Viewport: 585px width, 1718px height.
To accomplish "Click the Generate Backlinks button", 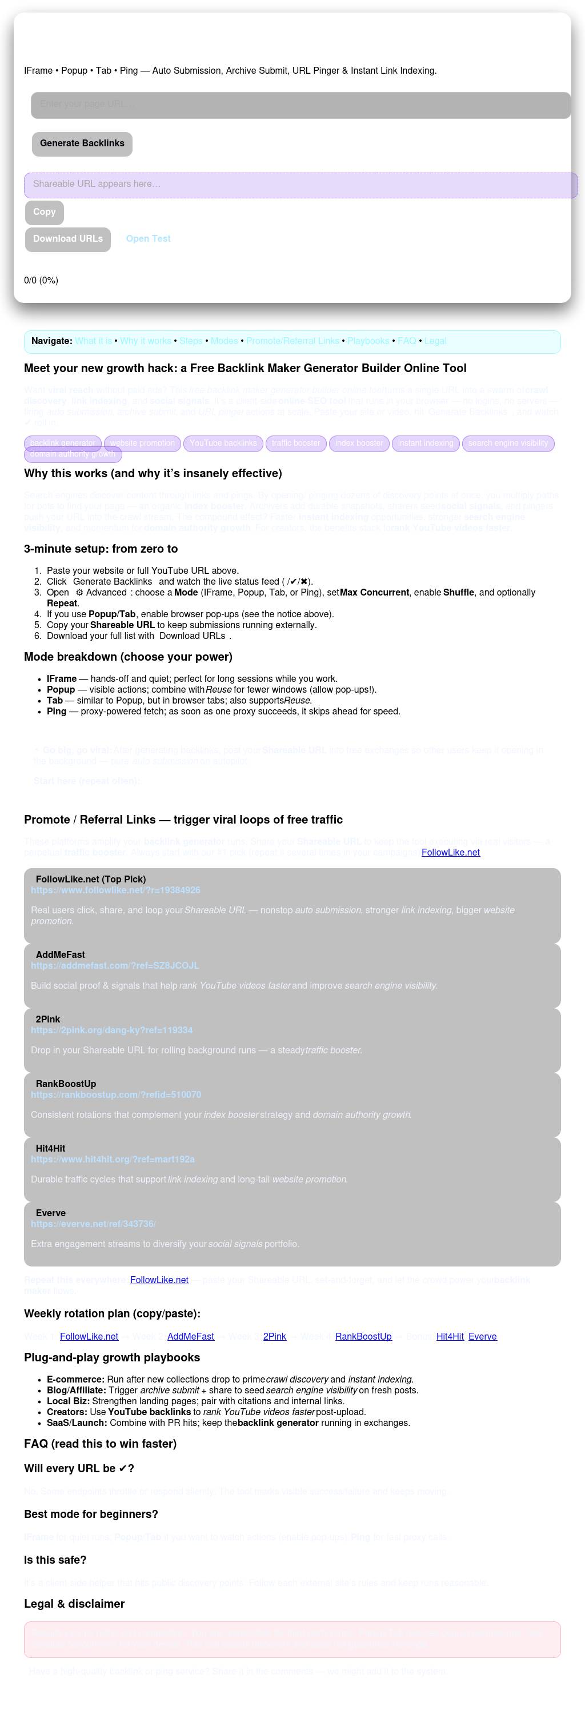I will coord(82,143).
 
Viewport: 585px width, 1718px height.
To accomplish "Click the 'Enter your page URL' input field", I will coord(300,105).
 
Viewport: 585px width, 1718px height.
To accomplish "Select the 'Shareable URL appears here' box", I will coord(300,185).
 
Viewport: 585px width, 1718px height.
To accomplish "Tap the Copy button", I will coord(45,212).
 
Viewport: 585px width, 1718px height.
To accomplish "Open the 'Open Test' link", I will coord(148,239).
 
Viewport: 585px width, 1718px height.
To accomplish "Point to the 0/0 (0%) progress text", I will coord(41,280).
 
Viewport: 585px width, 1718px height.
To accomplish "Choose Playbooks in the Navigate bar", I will coord(368,341).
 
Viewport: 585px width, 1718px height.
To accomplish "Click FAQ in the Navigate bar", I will coord(406,341).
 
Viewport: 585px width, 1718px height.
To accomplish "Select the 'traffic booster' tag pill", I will coord(296,443).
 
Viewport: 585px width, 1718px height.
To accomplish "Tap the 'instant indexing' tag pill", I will coord(425,443).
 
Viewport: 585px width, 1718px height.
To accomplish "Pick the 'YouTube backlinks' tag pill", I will coord(223,443).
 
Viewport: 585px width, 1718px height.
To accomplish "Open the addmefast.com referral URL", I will coord(115,965).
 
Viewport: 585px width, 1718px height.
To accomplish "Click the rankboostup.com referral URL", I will coord(116,1094).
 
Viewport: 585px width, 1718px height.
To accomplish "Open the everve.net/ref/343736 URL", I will coord(93,1224).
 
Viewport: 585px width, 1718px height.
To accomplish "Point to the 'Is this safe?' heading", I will coord(55,1559).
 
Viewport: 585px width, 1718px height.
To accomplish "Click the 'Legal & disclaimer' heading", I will coord(74,1603).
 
